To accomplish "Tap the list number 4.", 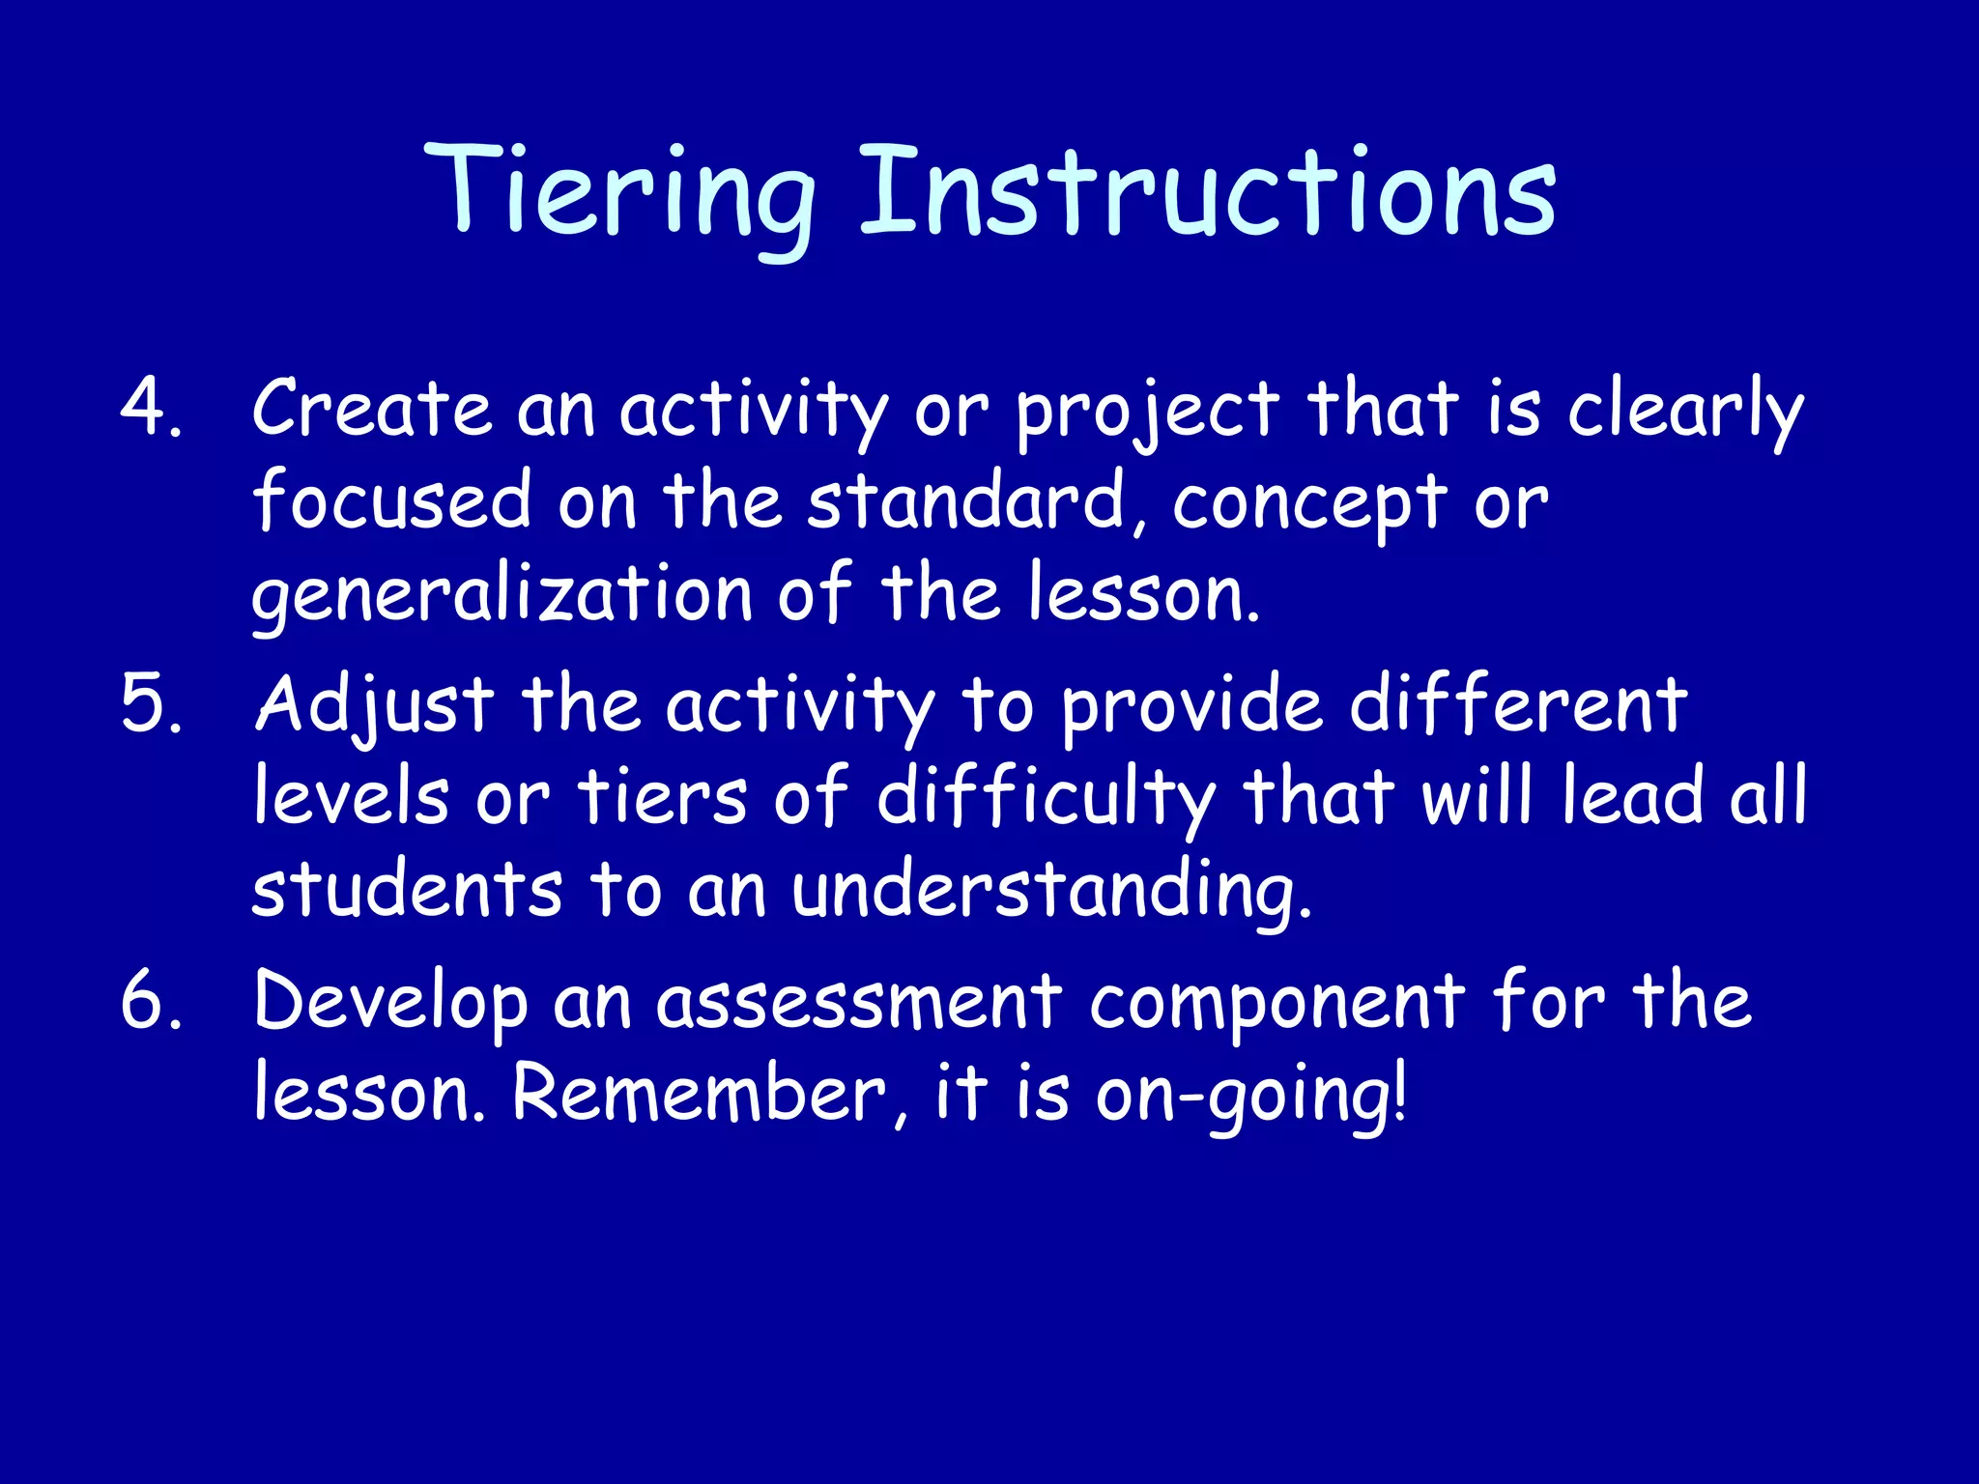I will (x=150, y=408).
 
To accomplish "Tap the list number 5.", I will (x=150, y=704).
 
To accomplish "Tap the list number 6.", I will (x=150, y=1001).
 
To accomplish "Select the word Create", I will (x=372, y=408).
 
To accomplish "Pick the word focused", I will (x=391, y=500).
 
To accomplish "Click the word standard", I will (x=966, y=500).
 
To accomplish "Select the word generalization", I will (x=502, y=594).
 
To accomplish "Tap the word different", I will (x=1518, y=704).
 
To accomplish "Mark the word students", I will (x=407, y=890).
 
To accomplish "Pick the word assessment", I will (x=859, y=1003).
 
